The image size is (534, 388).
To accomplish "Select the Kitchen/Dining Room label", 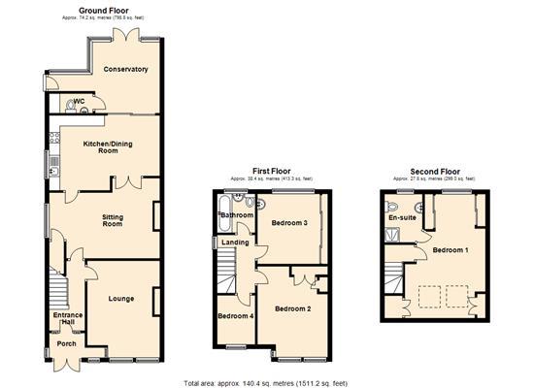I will [95, 146].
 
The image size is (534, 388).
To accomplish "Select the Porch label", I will [66, 343].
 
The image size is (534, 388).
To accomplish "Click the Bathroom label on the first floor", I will [235, 214].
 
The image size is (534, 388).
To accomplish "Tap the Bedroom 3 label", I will [290, 223].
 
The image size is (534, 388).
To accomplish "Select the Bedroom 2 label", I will [292, 309].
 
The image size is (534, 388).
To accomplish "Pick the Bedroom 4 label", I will [235, 316].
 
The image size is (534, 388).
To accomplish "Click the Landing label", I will [236, 242].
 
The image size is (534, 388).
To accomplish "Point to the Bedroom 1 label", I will [450, 250].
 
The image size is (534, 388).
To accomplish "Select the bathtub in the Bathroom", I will [235, 202].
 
